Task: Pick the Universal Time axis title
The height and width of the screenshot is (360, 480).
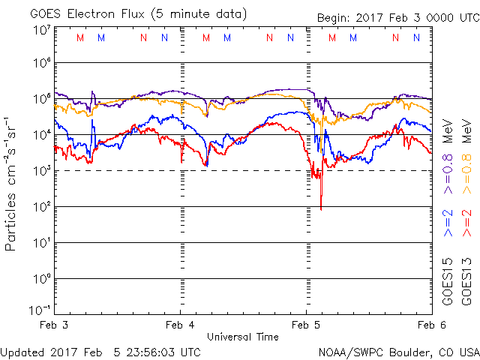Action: tap(243, 337)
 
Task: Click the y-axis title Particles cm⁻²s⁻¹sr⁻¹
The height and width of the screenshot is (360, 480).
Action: tap(11, 182)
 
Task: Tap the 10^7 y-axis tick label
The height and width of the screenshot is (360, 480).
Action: tap(41, 30)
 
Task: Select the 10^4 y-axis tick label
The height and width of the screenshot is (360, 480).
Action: tap(41, 135)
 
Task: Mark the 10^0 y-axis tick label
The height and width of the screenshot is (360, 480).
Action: tap(41, 279)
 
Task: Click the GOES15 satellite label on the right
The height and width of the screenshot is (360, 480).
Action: tap(448, 282)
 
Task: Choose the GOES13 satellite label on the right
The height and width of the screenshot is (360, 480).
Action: tap(467, 282)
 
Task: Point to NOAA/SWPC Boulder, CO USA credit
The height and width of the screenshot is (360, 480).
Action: tap(398, 351)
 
